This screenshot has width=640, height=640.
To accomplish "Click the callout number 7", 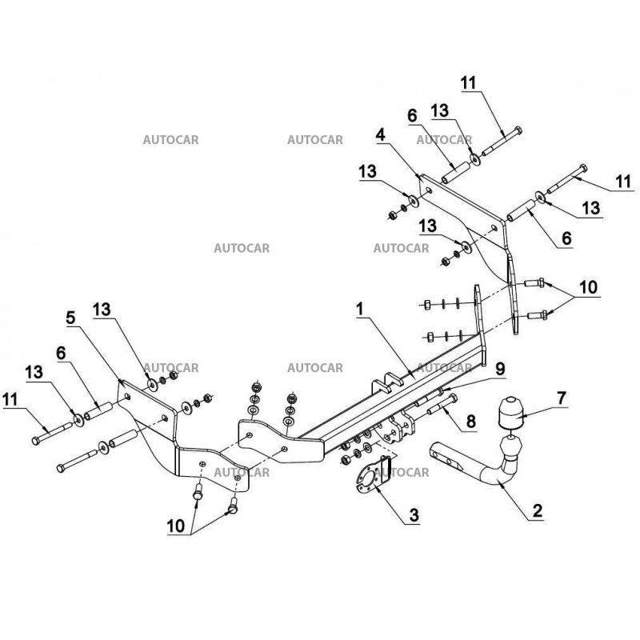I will tap(561, 398).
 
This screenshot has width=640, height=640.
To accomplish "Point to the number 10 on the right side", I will tap(588, 286).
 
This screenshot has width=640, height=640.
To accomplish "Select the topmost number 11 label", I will tap(469, 81).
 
